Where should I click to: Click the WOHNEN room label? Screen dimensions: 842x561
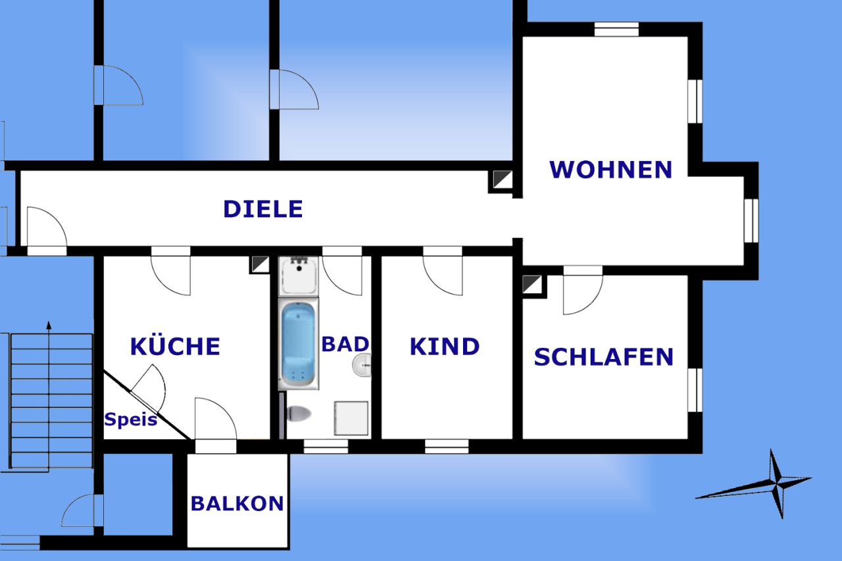click(611, 170)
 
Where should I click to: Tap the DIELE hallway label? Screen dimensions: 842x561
click(263, 209)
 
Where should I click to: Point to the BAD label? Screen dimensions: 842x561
click(345, 344)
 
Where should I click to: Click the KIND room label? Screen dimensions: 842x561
click(445, 347)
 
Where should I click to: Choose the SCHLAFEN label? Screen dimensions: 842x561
click(604, 357)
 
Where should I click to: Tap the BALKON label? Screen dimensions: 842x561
click(237, 504)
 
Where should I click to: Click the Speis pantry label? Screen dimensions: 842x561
click(130, 420)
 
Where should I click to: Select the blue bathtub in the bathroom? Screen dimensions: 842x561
click(299, 344)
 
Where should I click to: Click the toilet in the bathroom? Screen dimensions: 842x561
click(299, 414)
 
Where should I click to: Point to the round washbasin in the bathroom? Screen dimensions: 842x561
click(362, 364)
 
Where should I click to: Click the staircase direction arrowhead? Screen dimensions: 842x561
click(49, 325)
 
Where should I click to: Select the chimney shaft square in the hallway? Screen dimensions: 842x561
click(501, 181)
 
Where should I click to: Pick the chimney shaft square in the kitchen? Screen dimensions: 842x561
click(260, 264)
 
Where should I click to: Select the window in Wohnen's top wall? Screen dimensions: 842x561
click(616, 30)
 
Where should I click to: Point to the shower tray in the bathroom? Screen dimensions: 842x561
click(351, 418)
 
